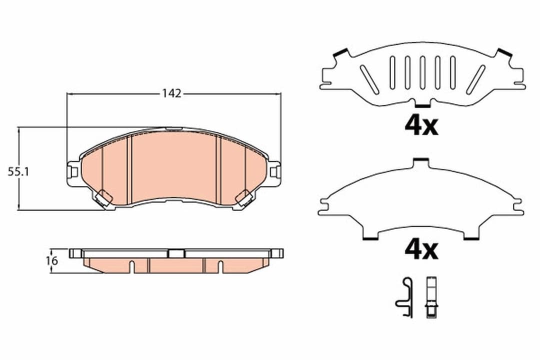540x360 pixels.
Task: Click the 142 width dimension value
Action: point(171,93)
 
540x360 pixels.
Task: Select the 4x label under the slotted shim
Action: point(421,126)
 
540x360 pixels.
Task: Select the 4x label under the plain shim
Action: point(421,249)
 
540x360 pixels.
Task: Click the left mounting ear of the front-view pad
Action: point(73,171)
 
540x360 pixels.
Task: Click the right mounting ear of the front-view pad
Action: point(274,172)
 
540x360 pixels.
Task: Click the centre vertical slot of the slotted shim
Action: point(422,72)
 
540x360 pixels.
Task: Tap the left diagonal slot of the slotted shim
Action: point(368,79)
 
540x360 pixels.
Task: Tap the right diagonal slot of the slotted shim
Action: point(475,79)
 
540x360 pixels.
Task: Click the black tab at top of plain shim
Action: point(421,159)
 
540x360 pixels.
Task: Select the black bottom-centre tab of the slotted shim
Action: point(422,105)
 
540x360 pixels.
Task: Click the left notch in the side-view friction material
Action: point(131,266)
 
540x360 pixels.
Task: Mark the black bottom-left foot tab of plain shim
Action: point(371,238)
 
